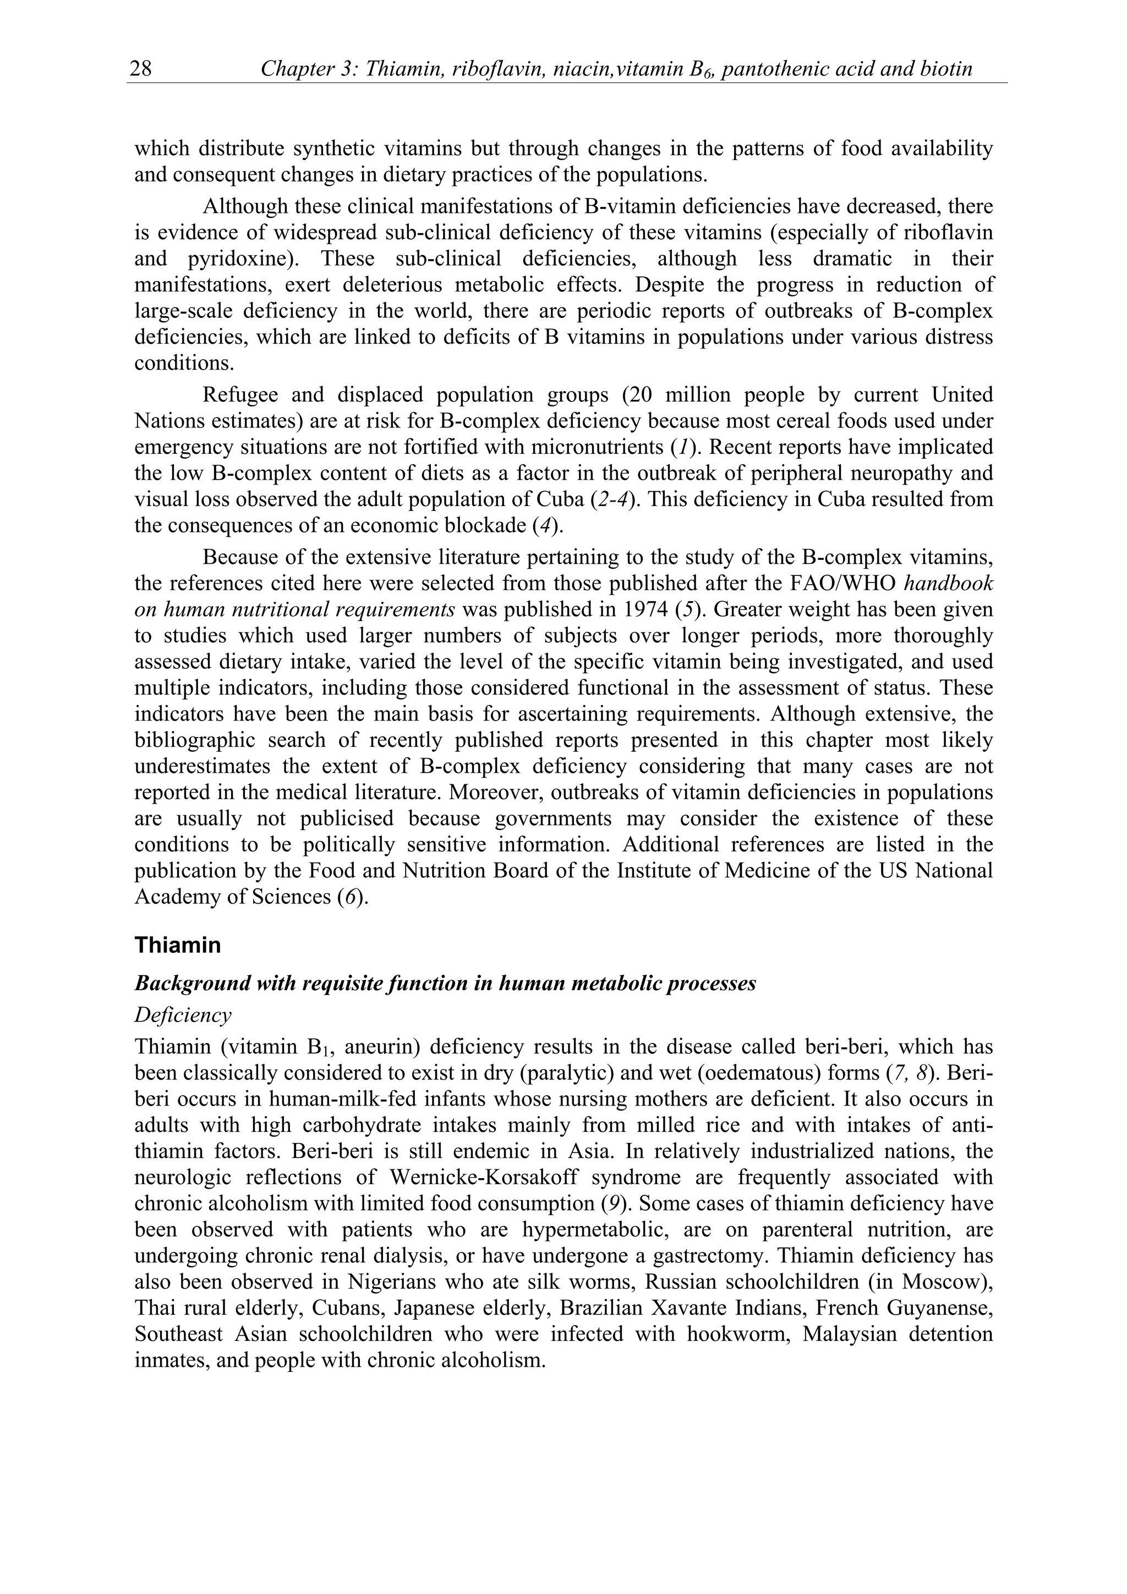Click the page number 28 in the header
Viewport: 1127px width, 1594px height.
point(141,69)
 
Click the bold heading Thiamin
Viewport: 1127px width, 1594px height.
point(178,945)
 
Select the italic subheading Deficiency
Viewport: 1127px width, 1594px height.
point(183,1015)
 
